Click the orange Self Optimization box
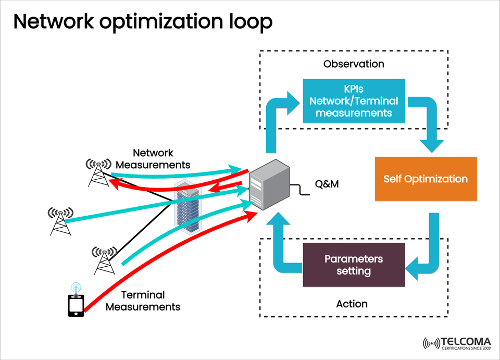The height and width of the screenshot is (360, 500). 426,179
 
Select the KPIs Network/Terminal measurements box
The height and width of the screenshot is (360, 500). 354,102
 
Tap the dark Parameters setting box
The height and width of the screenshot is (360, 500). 354,265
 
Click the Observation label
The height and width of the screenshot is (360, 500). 354,64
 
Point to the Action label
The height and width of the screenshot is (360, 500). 352,304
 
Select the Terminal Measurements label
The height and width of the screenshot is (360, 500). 143,301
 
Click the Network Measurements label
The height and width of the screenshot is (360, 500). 153,159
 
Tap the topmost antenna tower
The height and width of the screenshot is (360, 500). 98,172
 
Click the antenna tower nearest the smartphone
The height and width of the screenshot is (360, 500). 105,259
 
